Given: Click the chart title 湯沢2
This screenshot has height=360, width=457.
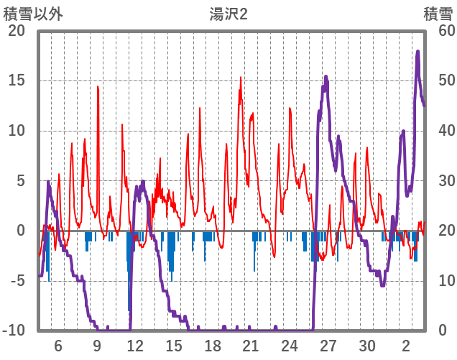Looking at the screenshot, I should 228,13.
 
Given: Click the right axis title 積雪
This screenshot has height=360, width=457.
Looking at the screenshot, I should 437,13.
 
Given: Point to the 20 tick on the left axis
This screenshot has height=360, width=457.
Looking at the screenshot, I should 17,31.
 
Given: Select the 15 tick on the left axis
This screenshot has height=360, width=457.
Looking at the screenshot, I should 17,80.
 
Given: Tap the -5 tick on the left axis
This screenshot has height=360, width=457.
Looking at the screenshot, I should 17,281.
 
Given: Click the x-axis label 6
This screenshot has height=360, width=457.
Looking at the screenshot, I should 58,346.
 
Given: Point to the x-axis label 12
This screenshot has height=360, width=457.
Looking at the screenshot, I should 135,346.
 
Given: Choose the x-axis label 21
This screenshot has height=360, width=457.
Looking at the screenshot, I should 251,346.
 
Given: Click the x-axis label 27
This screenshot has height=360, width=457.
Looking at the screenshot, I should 328,346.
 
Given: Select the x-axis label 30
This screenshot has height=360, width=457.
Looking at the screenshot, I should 367,346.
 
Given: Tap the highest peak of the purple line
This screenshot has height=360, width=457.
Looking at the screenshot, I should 417,51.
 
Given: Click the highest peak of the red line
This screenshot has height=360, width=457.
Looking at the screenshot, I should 241,78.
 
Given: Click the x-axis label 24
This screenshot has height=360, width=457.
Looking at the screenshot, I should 290,346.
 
